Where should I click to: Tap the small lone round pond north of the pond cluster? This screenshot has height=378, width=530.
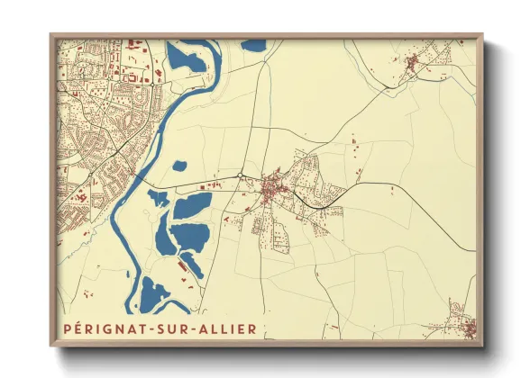(179, 166)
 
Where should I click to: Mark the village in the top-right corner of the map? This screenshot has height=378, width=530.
(415, 62)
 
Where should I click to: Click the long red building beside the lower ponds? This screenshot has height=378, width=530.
(191, 266)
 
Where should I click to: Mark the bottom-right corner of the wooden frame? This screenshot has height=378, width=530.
(482, 346)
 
